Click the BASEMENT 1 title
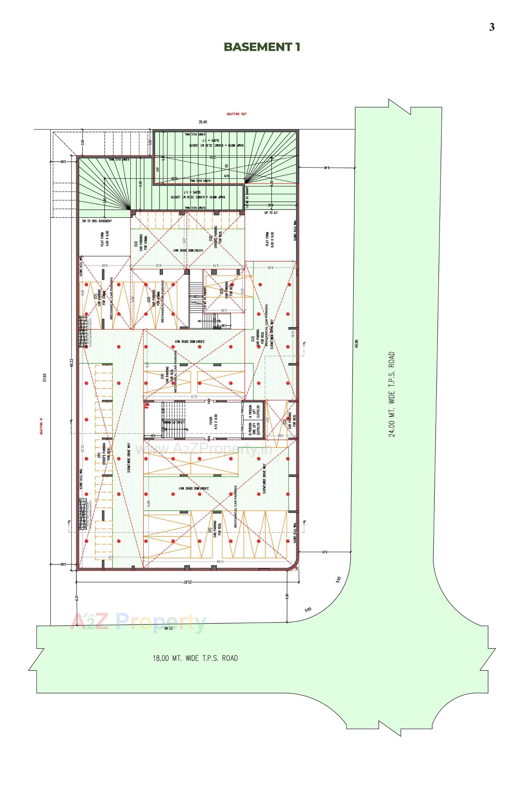click(x=262, y=47)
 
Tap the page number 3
click(x=492, y=27)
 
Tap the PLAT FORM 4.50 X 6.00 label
click(x=105, y=238)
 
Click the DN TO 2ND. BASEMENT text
click(x=97, y=221)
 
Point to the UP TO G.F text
click(x=271, y=213)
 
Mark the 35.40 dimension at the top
click(x=203, y=122)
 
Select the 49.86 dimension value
click(x=357, y=344)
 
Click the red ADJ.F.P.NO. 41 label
click(x=41, y=426)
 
